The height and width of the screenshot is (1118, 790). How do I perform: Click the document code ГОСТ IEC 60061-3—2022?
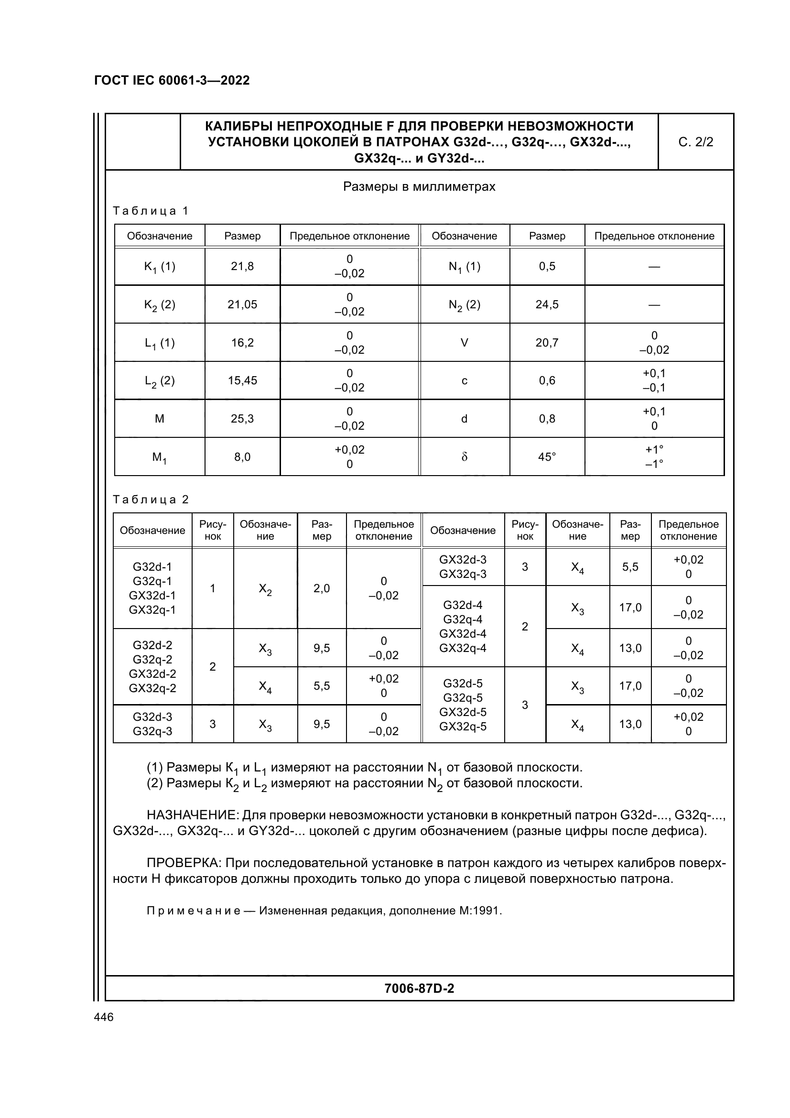pyautogui.click(x=172, y=80)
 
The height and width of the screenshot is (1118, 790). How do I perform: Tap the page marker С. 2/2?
pyautogui.click(x=695, y=142)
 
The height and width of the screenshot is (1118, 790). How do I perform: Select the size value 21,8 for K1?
pyautogui.click(x=242, y=266)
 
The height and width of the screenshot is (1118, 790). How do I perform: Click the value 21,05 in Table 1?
pyautogui.click(x=242, y=305)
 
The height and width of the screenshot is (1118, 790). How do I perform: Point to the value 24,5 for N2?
pyautogui.click(x=547, y=305)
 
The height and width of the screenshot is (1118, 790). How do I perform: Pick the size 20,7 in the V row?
pyautogui.click(x=547, y=343)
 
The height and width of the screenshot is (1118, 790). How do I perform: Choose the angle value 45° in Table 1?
pyautogui.click(x=547, y=457)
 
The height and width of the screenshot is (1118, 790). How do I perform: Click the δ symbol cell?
pyautogui.click(x=464, y=457)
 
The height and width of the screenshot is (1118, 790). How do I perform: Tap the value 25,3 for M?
pyautogui.click(x=242, y=419)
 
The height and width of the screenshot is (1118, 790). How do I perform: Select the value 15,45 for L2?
pyautogui.click(x=242, y=381)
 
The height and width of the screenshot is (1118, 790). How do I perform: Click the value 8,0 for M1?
pyautogui.click(x=242, y=457)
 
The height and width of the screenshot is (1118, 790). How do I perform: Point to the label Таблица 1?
pyautogui.click(x=151, y=211)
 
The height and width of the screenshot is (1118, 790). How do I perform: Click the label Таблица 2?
pyautogui.click(x=151, y=499)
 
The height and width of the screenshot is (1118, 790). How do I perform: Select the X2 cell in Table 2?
pyautogui.click(x=265, y=589)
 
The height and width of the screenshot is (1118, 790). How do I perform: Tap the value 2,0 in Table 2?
pyautogui.click(x=321, y=589)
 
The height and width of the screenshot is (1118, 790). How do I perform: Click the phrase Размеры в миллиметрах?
pyautogui.click(x=419, y=187)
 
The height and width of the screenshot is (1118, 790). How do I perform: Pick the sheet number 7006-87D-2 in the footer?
pyautogui.click(x=419, y=988)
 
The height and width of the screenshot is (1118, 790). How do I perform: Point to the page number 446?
pyautogui.click(x=103, y=1017)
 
